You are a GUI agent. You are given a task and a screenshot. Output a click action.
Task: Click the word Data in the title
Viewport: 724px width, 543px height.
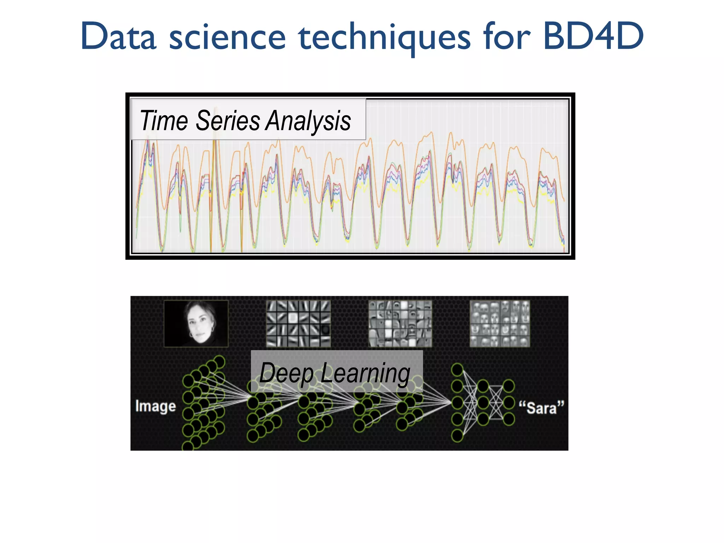118,37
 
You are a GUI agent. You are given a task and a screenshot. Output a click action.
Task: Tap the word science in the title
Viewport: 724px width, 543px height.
227,37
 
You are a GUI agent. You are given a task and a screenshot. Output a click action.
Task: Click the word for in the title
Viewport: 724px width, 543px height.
507,36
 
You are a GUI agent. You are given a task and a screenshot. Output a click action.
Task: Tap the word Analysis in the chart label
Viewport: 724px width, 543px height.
308,121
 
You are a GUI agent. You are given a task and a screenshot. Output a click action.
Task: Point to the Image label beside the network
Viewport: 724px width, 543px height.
156,406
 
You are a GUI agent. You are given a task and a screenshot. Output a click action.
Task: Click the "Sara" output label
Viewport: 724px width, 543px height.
541,408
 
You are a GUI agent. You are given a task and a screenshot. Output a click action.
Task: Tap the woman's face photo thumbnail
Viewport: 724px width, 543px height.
196,323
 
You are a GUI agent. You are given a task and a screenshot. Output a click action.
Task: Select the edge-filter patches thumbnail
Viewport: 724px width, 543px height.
298,323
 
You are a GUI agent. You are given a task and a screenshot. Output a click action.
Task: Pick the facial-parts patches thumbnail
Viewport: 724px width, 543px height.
400,323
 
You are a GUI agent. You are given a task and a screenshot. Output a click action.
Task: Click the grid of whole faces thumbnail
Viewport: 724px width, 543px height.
500,323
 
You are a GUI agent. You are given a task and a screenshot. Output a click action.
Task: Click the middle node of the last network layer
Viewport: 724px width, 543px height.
509,402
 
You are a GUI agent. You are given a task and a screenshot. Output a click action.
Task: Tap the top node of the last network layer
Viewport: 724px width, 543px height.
509,386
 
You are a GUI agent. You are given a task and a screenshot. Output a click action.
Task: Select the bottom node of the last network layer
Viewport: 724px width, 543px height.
509,419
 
